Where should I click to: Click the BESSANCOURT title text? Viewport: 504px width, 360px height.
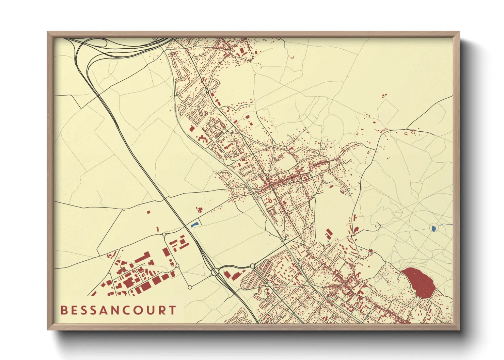[118, 310]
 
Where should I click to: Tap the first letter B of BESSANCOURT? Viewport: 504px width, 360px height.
[63, 310]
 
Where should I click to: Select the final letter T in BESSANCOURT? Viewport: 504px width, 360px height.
[173, 310]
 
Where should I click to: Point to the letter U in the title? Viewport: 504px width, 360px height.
[152, 310]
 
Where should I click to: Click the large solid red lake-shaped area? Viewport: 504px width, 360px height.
[419, 281]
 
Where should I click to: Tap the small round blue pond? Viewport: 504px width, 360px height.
[434, 228]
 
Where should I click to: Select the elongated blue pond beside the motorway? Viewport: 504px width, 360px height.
[195, 225]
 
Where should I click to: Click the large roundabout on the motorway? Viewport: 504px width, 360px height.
[215, 272]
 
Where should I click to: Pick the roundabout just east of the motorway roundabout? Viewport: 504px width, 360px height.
[252, 266]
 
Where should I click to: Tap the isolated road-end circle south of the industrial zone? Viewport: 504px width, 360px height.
[190, 288]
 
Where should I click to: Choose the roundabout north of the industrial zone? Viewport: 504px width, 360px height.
[164, 234]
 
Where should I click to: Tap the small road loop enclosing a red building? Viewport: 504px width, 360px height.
[371, 251]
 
